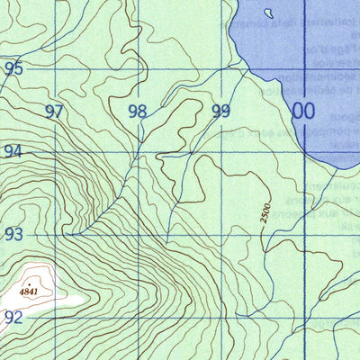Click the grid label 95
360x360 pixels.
pos(13,67)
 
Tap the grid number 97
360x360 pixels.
pos(55,112)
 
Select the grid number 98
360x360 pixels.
pos(137,112)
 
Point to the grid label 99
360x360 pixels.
pos(220,112)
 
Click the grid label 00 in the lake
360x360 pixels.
pos(303,111)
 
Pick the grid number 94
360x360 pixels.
pos(13,151)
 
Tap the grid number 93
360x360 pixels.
pos(13,234)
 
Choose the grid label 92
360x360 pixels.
pos(13,317)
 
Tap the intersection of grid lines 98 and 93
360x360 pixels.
pos(139,233)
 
